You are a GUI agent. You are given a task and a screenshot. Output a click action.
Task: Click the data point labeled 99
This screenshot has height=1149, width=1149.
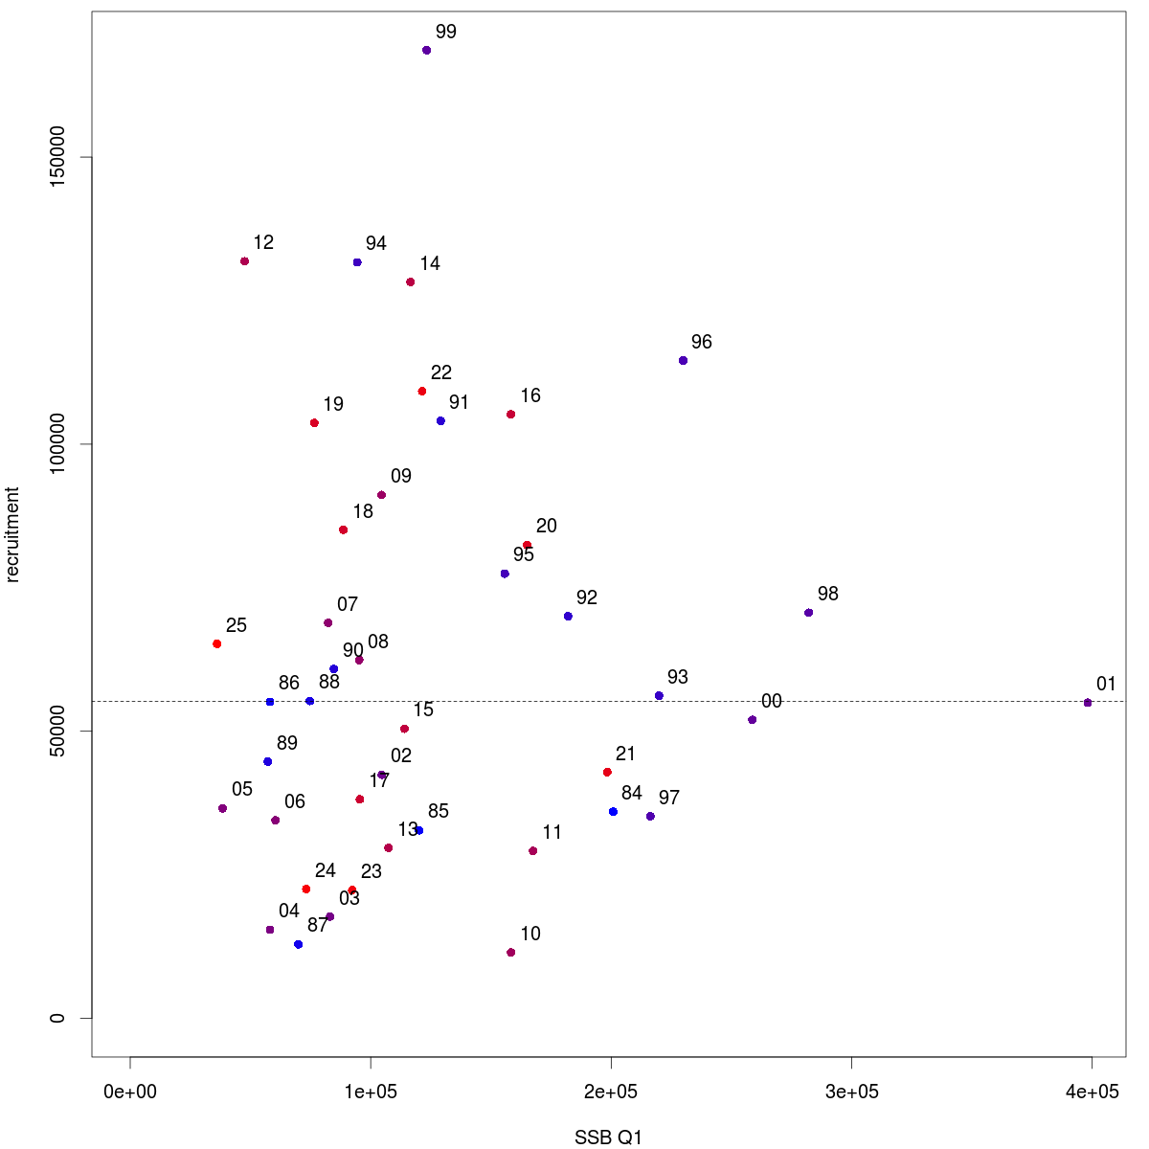426,50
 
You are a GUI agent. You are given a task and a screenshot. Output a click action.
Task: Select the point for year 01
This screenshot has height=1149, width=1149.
1088,703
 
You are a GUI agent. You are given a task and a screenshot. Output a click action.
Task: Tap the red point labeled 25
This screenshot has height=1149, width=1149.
217,644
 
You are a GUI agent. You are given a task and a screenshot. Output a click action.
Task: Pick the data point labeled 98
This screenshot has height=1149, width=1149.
809,613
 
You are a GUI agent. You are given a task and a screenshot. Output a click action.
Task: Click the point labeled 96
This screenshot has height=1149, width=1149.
683,361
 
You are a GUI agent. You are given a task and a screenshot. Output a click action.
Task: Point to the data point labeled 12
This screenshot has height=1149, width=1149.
245,261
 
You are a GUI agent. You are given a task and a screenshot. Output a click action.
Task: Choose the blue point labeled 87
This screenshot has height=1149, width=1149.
299,944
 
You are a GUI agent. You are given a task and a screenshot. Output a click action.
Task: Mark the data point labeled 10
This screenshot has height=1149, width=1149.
511,953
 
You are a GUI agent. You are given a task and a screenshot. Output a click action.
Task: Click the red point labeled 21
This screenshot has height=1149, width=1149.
607,773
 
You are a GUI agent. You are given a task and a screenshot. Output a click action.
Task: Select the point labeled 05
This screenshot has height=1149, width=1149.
223,808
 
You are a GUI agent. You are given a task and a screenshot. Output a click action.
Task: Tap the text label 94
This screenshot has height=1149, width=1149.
376,244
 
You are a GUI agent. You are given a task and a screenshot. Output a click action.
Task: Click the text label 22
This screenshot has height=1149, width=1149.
441,373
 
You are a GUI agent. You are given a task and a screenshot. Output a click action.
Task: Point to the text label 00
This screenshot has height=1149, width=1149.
772,702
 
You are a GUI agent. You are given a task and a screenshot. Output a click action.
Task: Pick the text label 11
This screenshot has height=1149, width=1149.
552,833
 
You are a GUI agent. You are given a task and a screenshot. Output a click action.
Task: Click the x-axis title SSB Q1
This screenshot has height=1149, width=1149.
608,1138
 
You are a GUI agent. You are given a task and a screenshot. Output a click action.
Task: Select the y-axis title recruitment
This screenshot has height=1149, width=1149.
13,534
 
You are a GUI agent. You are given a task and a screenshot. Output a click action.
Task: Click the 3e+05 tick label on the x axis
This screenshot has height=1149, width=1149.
851,1093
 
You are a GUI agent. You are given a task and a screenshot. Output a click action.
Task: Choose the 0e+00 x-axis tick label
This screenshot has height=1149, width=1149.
130,1093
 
